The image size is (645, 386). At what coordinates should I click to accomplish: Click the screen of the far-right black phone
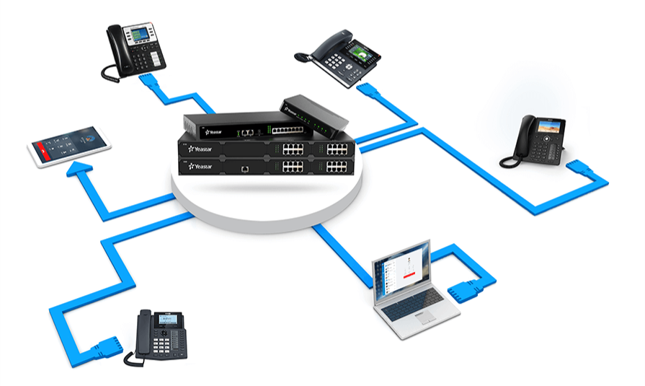[546, 125]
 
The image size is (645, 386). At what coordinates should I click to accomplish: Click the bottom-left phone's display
[166, 319]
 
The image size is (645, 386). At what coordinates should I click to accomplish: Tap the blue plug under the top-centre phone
[368, 93]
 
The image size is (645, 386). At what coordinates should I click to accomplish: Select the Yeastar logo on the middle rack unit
[198, 149]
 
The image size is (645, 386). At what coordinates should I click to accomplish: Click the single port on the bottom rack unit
[246, 167]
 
